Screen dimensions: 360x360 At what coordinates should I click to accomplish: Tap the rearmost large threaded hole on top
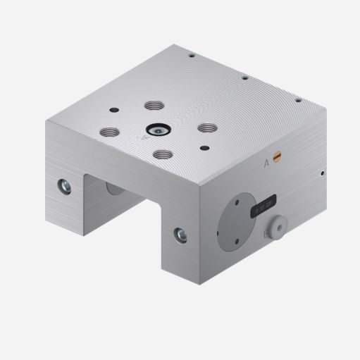tap(153, 106)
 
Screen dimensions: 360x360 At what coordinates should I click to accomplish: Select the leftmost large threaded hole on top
tap(108, 131)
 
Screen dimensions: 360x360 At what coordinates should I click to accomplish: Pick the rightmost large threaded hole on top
tap(207, 128)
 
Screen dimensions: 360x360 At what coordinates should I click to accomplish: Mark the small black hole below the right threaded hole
tap(204, 147)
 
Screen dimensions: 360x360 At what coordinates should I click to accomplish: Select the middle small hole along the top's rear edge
tap(244, 77)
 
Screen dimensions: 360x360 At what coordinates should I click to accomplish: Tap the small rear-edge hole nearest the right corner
tap(298, 100)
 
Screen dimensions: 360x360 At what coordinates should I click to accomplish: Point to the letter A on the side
tap(266, 163)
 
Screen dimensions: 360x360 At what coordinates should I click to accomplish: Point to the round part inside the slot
tap(112, 187)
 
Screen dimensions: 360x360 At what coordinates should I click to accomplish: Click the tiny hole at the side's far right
tap(322, 171)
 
